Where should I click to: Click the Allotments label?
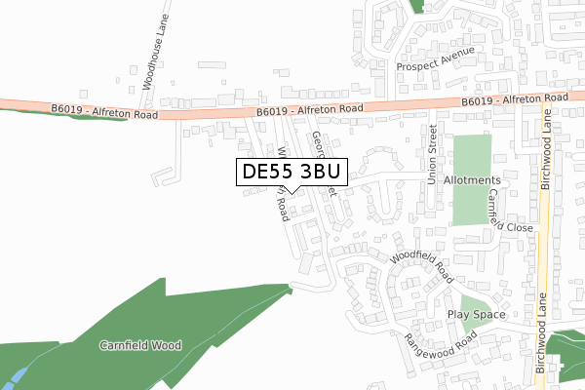tap(471, 180)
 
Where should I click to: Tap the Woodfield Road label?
tap(422, 263)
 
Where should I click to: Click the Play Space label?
tap(477, 315)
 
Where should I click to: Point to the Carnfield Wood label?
tap(140, 345)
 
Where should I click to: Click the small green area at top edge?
tap(417, 6)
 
